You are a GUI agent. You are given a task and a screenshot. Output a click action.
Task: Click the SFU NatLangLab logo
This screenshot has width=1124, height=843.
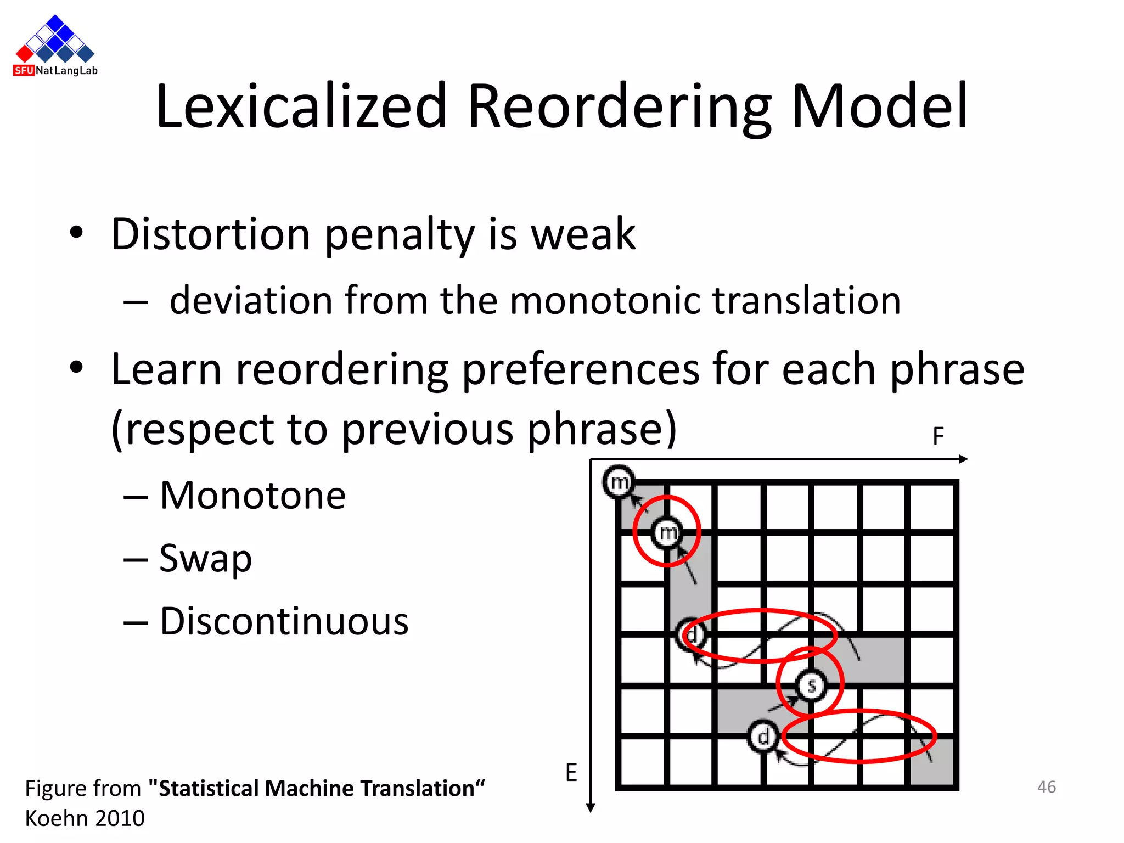pos(55,46)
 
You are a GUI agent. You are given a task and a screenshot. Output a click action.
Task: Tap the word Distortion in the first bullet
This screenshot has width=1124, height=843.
pos(210,234)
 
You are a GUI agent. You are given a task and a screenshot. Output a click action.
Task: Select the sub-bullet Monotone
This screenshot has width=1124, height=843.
pos(252,496)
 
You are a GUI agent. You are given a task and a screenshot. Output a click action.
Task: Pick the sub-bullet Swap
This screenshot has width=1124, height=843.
pos(205,559)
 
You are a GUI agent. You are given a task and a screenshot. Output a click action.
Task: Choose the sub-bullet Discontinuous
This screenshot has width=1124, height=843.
pos(284,621)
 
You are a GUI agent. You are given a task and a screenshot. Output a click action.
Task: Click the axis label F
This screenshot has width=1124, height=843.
pos(938,437)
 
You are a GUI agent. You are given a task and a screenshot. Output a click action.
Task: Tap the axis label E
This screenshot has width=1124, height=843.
pos(571,773)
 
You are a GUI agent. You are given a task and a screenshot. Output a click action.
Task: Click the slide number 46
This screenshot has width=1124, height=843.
pos(1046,787)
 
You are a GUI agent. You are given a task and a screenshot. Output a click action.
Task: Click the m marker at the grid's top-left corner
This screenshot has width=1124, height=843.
pos(619,482)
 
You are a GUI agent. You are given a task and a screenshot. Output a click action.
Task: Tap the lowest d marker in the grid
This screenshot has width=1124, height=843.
pos(763,737)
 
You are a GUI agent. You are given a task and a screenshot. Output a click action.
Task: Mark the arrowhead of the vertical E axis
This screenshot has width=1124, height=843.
pos(591,808)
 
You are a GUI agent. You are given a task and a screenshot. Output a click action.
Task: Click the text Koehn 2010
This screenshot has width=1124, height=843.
pos(85,818)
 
